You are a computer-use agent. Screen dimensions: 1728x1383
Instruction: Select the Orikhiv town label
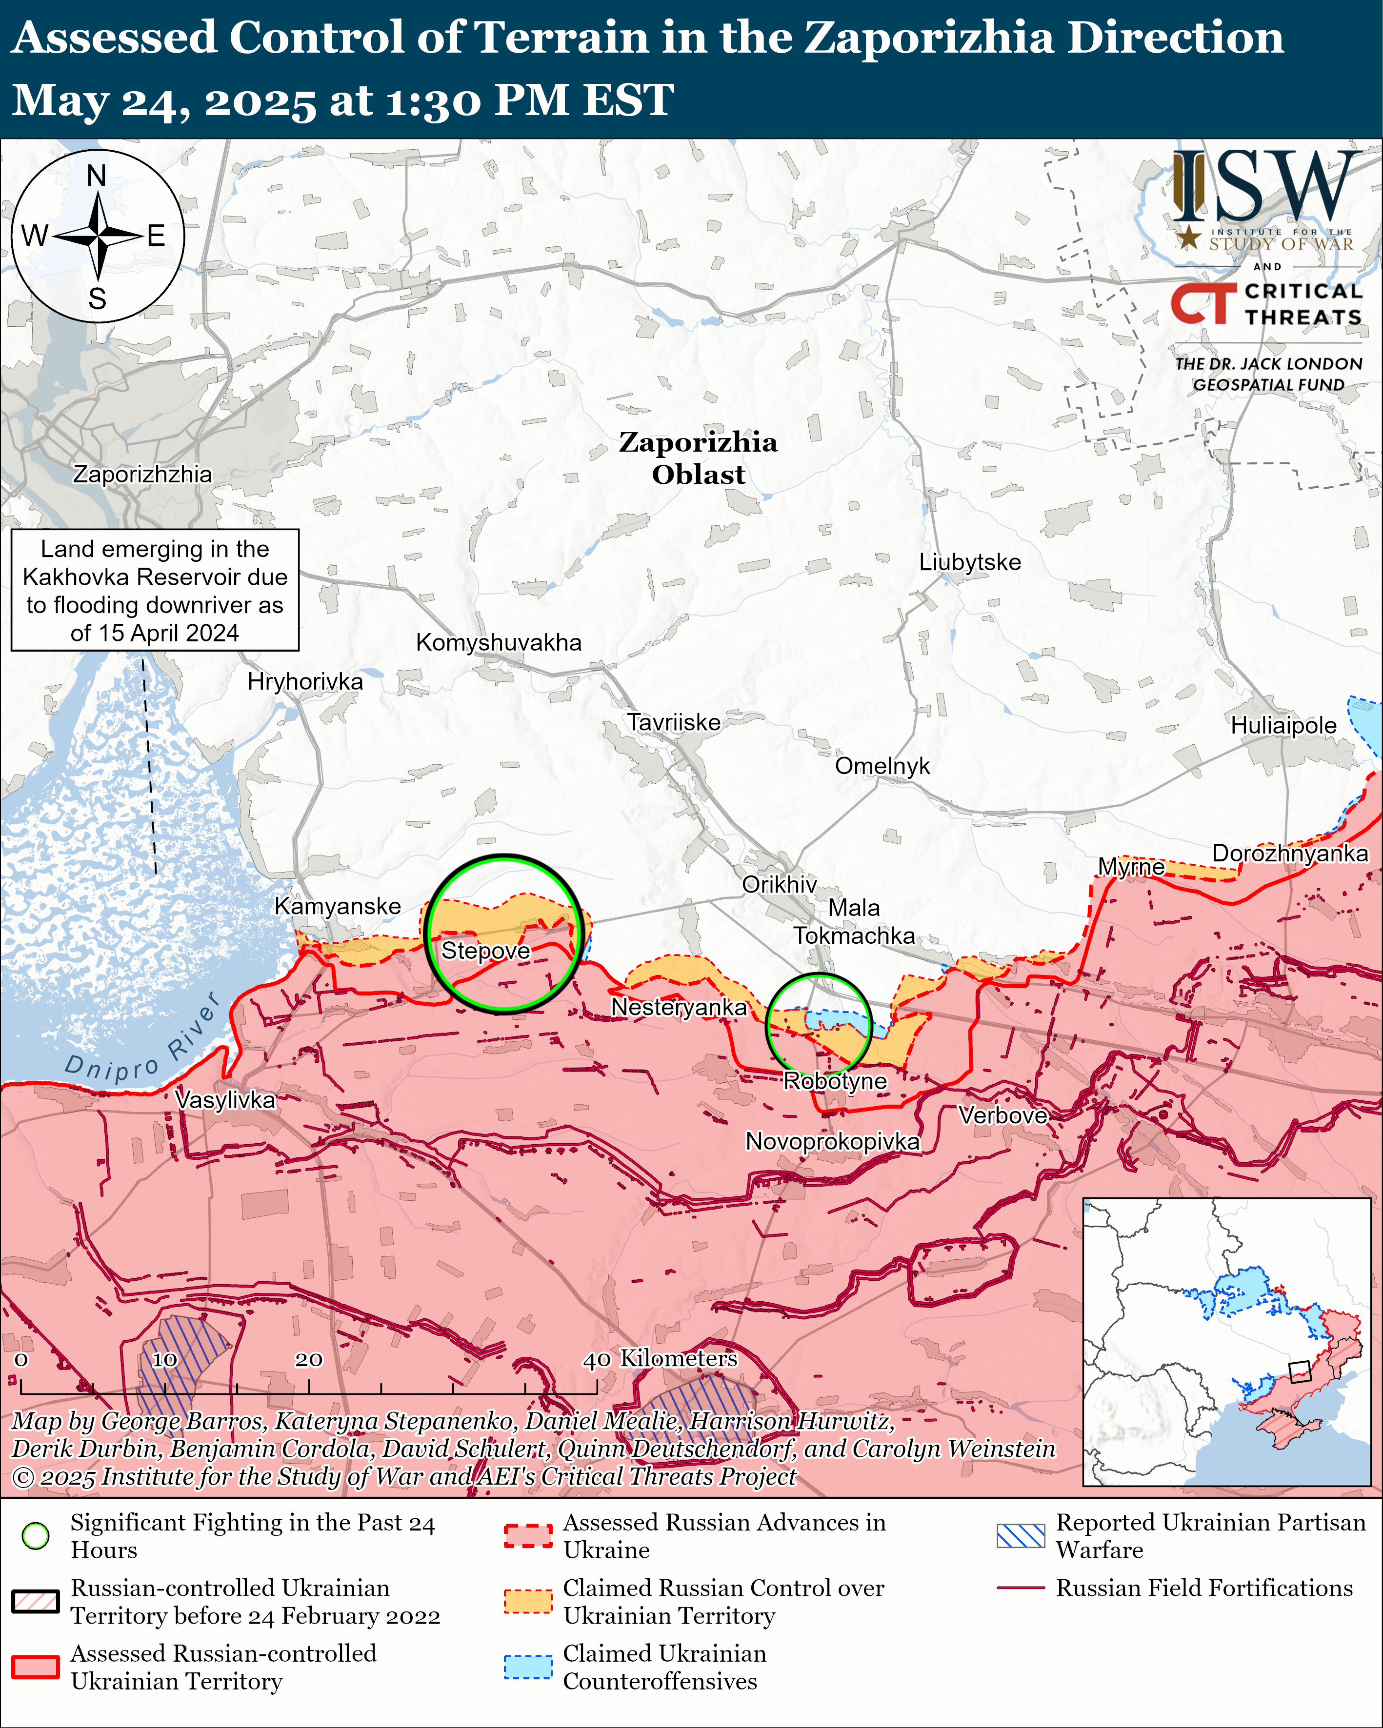point(779,884)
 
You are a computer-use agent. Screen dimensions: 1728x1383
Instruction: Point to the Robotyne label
point(835,1081)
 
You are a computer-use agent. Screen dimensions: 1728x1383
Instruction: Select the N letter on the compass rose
point(96,176)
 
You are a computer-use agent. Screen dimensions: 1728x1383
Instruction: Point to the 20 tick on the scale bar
point(309,1360)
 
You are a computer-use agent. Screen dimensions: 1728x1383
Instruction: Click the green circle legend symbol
point(35,1536)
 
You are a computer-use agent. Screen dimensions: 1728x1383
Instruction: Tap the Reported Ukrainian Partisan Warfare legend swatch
point(1021,1536)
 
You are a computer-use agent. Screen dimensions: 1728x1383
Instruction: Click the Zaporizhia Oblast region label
point(698,457)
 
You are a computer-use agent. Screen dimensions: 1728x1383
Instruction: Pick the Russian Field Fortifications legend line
point(1021,1587)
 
